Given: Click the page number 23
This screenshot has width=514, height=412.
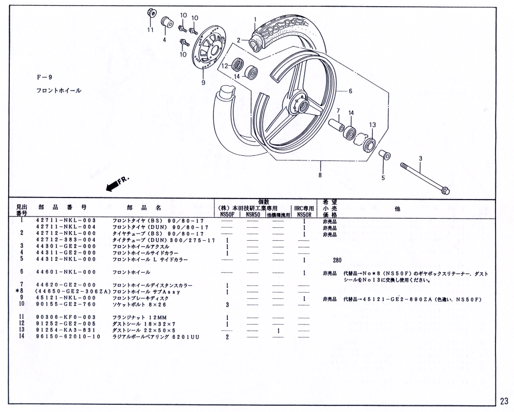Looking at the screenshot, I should pyautogui.click(x=503, y=401).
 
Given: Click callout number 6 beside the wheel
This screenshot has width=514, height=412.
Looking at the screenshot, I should pyautogui.click(x=350, y=91).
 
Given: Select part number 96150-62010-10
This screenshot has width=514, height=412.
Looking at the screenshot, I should pyautogui.click(x=67, y=337).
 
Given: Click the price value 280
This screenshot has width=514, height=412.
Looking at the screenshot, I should pyautogui.click(x=337, y=260).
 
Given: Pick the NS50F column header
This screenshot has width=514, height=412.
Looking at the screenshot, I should pyautogui.click(x=227, y=215).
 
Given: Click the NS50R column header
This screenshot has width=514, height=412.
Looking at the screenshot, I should pyautogui.click(x=305, y=215).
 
